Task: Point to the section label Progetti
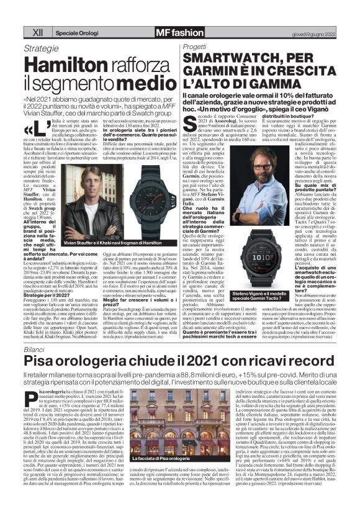click(197, 47)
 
